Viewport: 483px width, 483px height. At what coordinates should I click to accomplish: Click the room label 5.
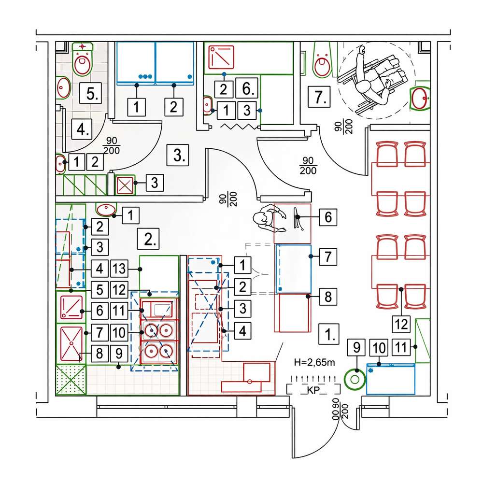tap(91, 93)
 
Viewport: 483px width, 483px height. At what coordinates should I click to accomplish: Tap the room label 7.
tap(319, 97)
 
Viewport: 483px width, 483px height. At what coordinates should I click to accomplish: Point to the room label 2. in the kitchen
tap(148, 239)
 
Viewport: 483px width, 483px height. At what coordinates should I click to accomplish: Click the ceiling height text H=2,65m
tap(314, 362)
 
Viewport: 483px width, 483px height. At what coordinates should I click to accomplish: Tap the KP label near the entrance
tap(313, 390)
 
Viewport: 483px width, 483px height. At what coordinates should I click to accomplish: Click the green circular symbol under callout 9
tap(355, 380)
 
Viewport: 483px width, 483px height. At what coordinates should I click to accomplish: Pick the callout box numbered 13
tap(119, 269)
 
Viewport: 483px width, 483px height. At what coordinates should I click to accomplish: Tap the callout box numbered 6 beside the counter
tap(328, 217)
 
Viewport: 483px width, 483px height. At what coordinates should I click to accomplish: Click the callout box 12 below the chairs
tap(401, 324)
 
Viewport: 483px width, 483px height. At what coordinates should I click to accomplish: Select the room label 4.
tap(82, 129)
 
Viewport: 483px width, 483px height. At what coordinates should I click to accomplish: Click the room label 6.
tap(247, 88)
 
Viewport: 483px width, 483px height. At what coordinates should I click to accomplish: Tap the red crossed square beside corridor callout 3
tap(125, 185)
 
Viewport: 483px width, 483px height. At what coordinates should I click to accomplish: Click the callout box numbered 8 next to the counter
tap(328, 297)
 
